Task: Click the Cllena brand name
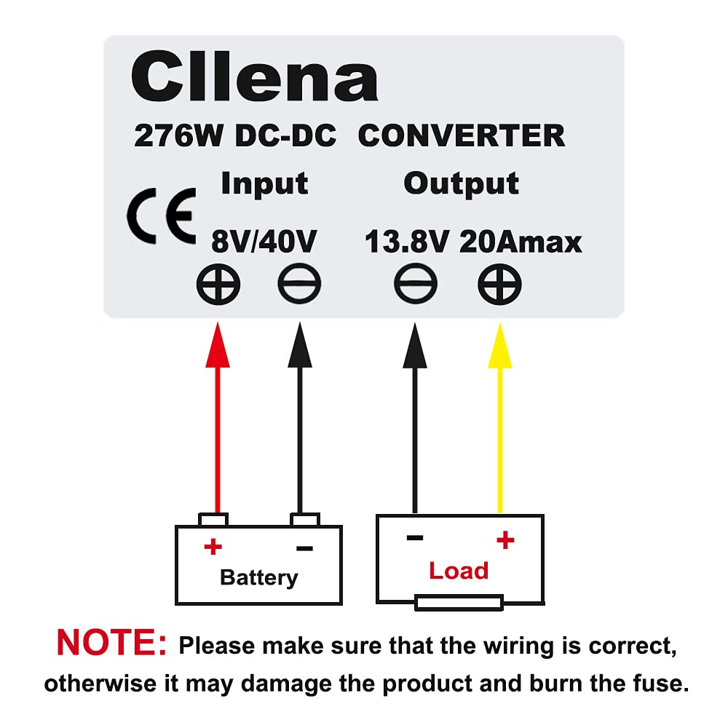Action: (x=255, y=79)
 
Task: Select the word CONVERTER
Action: (x=462, y=136)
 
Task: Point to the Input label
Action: (x=264, y=183)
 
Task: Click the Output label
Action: (x=461, y=183)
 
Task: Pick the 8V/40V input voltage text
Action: (x=264, y=241)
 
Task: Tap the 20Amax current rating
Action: (x=521, y=241)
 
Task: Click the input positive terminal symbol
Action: (x=218, y=285)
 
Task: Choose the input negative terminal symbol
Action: (x=298, y=285)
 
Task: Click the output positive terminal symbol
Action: (x=499, y=285)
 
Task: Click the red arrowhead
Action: (x=217, y=346)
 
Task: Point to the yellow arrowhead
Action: (x=499, y=346)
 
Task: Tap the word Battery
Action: (x=258, y=578)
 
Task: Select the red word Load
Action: (x=459, y=571)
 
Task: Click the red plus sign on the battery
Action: (x=212, y=547)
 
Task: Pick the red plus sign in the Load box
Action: (x=505, y=539)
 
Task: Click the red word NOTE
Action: (x=111, y=643)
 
